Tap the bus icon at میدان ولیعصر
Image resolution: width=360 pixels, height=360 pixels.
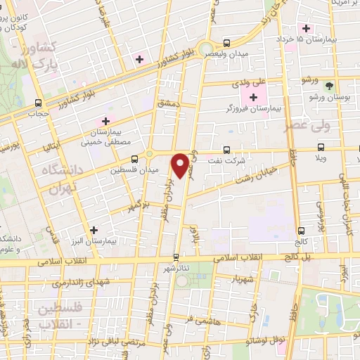click(x=226, y=42)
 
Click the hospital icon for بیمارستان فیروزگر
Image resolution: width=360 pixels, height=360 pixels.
click(x=254, y=96)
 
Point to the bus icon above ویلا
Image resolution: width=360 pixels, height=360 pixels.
click(x=321, y=148)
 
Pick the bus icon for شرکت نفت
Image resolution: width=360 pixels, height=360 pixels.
click(x=226, y=149)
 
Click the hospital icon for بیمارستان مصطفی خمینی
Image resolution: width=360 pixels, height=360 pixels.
click(x=106, y=120)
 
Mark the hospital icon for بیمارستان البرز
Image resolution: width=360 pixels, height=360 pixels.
click(x=94, y=229)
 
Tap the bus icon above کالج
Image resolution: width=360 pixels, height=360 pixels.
click(x=301, y=230)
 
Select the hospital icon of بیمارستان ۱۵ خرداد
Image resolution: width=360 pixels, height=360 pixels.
click(x=306, y=28)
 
